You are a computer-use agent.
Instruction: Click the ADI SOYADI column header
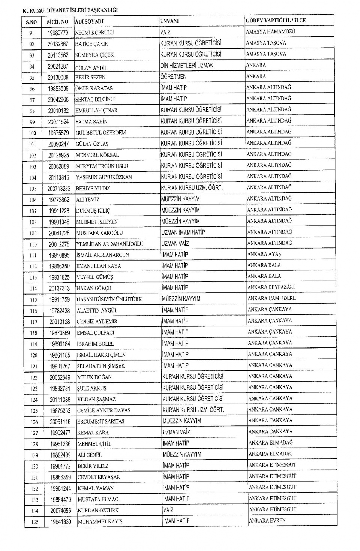coord(89,22)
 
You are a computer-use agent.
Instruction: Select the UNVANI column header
coord(169,21)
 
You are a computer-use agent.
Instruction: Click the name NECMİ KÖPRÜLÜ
coord(94,33)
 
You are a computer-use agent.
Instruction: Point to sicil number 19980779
coord(58,33)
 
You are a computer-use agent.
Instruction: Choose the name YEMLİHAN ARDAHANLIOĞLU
coord(110,244)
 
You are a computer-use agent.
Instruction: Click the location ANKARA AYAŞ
coord(264,254)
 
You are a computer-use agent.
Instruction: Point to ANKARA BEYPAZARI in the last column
coord(271,287)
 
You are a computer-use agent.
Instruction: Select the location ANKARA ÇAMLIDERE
coord(271,298)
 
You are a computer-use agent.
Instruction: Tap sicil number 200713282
coord(59,189)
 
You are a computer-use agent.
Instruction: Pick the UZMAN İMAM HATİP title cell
coord(183,232)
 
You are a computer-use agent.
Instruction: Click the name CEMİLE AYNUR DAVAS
coord(104,410)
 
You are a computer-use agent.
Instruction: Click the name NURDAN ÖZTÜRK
coord(98,511)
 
